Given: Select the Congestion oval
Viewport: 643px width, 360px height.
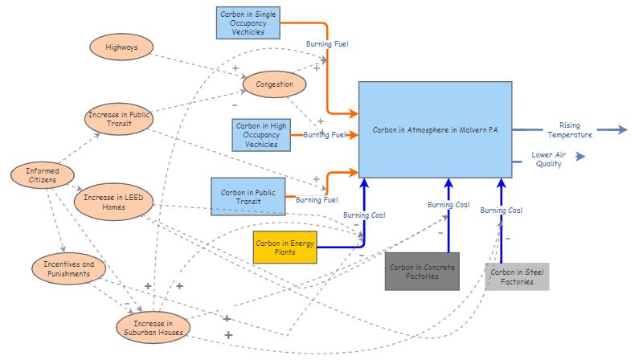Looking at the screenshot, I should click(x=275, y=84).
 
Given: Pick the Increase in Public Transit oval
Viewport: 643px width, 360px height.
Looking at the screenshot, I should click(x=119, y=120).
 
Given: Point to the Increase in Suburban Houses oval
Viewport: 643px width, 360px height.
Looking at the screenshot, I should click(x=154, y=326).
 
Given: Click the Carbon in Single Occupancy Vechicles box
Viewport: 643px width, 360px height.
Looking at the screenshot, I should click(x=248, y=22).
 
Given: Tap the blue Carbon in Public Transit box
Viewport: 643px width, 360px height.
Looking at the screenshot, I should click(x=248, y=197).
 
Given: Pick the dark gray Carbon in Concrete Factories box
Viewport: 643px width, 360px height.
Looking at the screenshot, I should click(x=420, y=271).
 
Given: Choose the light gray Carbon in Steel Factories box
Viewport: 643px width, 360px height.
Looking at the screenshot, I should click(x=517, y=276).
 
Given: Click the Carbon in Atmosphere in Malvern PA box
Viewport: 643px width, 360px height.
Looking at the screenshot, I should click(x=435, y=129).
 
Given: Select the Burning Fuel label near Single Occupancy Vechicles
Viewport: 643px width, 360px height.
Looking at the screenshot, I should click(x=327, y=44).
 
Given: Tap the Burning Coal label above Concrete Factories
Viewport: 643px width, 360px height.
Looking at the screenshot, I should click(x=448, y=205).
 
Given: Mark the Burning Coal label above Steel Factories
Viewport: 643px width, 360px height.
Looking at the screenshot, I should click(x=501, y=211).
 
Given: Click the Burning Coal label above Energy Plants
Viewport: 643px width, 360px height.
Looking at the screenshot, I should click(x=364, y=215).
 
